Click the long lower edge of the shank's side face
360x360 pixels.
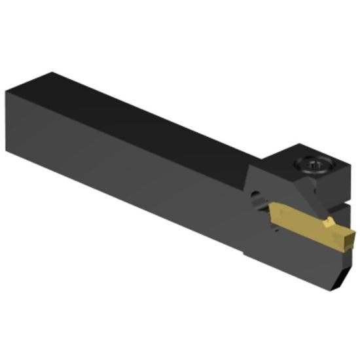[131, 209]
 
